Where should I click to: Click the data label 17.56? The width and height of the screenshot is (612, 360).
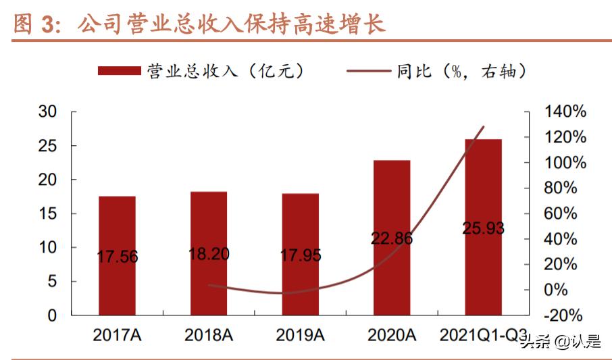click(118, 257)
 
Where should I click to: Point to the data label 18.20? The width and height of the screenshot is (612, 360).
click(209, 254)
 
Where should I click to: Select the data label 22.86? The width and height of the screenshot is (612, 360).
click(392, 238)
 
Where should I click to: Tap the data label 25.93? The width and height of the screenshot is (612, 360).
click(483, 228)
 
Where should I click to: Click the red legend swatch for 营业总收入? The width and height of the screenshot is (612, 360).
click(119, 71)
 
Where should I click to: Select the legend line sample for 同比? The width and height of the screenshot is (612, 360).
click(367, 71)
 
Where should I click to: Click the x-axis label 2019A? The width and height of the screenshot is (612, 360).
click(300, 334)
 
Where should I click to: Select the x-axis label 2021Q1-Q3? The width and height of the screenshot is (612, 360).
click(483, 334)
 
